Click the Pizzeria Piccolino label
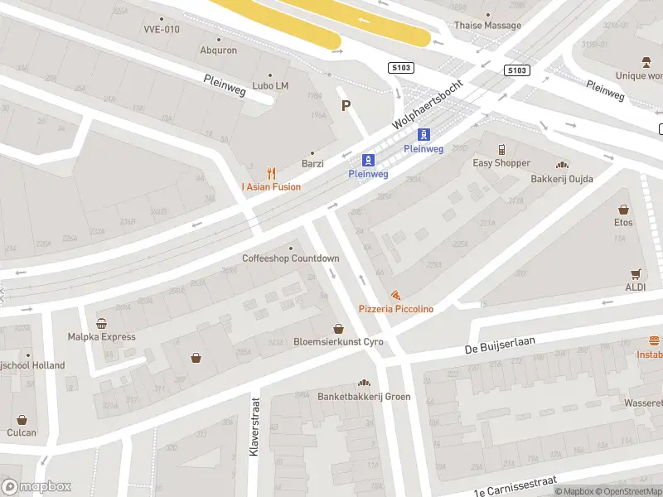pos(395,309)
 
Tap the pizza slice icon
pos(396,295)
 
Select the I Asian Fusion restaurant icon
pos(271,173)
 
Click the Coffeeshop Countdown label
pos(290,258)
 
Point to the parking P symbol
pos(346,105)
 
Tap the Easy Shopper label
pos(501,163)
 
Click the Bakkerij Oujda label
pos(562,179)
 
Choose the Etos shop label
pos(623,222)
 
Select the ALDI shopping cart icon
pos(636,274)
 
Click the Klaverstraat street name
pos(254,428)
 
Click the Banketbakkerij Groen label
pos(364,396)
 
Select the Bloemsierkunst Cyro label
pos(338,342)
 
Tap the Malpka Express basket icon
pos(101,324)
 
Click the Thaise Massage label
pos(487,26)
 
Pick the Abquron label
pos(218,51)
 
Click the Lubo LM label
pos(270,86)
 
